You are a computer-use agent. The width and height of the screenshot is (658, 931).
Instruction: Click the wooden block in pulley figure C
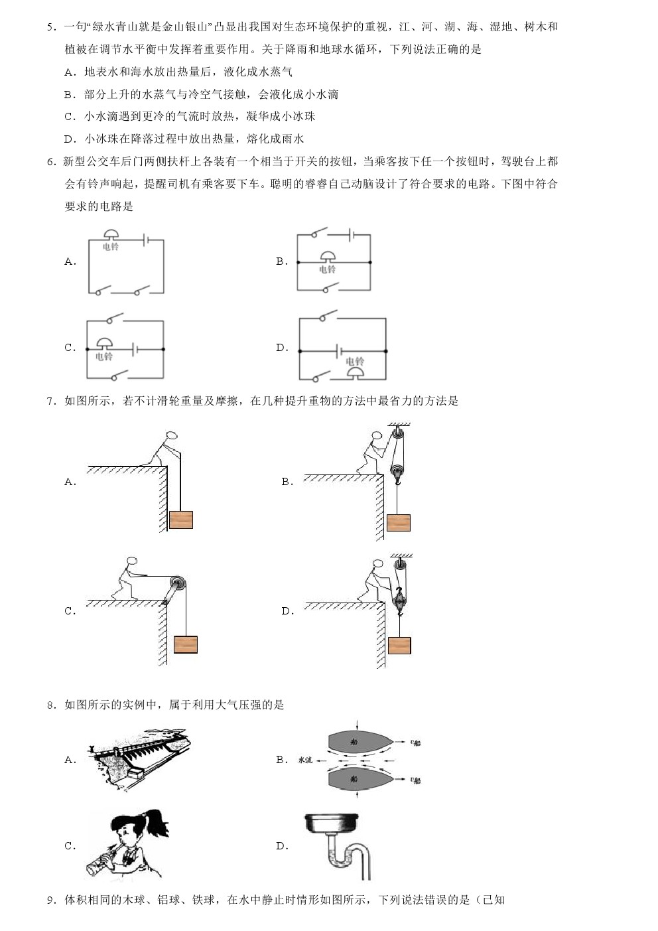pos(186,644)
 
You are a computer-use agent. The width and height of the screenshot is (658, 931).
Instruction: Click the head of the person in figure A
pos(171,436)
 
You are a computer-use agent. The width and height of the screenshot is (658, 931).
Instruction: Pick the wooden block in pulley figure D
pos(399,646)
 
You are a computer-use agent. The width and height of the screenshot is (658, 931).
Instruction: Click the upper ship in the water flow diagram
pos(360,741)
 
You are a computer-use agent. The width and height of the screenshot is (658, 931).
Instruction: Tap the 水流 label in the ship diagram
pos(305,760)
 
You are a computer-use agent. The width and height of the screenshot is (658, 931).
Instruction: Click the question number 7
pos(51,401)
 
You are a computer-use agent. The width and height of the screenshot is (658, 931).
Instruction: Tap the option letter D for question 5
pos(70,139)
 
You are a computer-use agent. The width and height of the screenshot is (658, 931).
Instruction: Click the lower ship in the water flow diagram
pos(360,779)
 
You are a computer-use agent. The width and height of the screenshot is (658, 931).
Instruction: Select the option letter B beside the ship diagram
pos(282,760)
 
